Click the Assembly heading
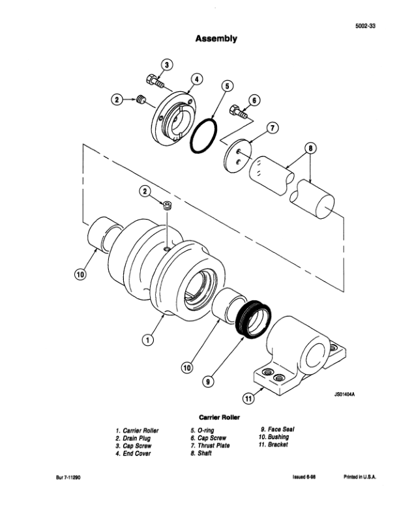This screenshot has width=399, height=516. [216, 38]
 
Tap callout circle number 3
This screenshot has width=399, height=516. [166, 64]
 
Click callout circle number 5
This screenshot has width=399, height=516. [227, 85]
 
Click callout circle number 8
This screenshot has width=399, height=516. [312, 147]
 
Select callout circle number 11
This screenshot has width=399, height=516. [247, 398]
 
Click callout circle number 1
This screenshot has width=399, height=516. [148, 339]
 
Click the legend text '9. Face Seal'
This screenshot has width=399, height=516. [278, 429]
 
